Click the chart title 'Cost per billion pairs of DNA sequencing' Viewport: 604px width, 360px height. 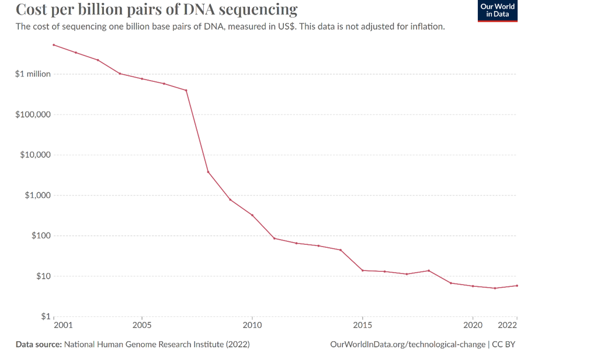coord(157,10)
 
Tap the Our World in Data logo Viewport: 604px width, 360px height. coord(497,11)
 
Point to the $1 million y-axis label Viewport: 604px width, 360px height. coord(33,74)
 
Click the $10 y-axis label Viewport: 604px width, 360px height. coord(41,276)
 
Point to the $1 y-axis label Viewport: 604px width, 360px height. coord(44,316)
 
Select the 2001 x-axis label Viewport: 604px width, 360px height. coord(63,325)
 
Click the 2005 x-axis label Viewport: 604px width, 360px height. coord(142,325)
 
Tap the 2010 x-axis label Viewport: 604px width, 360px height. coord(252,325)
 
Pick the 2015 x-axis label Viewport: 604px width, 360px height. coord(363,325)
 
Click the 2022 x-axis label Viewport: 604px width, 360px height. coord(508,325)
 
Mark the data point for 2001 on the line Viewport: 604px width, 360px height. coord(54,45)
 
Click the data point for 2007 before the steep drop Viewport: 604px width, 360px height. coord(186,90)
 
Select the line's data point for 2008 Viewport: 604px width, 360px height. coord(208,171)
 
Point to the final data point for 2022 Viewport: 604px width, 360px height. coord(517,286)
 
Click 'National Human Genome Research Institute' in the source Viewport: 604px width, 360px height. coord(143,345)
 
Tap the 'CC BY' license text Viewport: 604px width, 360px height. coord(504,345)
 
